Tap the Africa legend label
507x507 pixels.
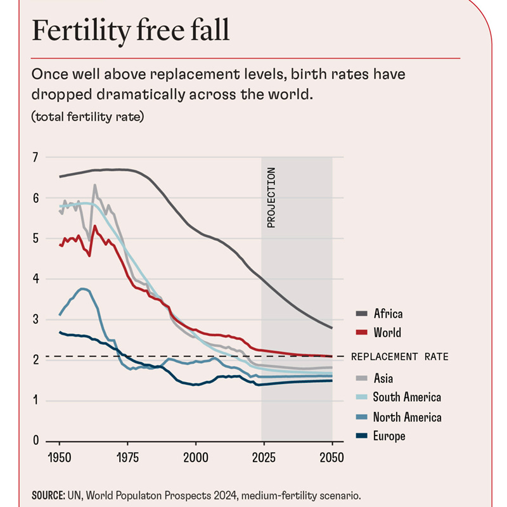(388, 313)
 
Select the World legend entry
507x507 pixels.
(387, 333)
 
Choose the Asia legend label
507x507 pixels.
(383, 378)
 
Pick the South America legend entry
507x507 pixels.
(406, 397)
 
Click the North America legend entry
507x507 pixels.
(407, 417)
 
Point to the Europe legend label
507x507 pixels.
(388, 436)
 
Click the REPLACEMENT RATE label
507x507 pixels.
(399, 357)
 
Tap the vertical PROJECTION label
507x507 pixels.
(271, 198)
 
